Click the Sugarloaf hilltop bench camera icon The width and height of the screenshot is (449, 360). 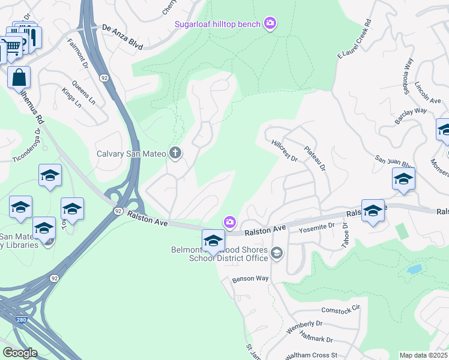[270, 23]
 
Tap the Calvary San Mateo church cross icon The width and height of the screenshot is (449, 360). [175, 153]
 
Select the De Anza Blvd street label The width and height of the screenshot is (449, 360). [123, 28]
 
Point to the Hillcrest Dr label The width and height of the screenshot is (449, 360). [285, 151]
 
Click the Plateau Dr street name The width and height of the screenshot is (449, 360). [314, 158]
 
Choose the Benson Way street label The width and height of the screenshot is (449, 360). [251, 278]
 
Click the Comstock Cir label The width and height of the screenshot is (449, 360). [340, 308]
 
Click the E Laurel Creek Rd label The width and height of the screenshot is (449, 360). [355, 39]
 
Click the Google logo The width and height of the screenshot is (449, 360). [19, 353]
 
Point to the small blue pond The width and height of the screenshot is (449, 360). [414, 269]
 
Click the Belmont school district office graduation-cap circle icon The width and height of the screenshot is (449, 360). [276, 252]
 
